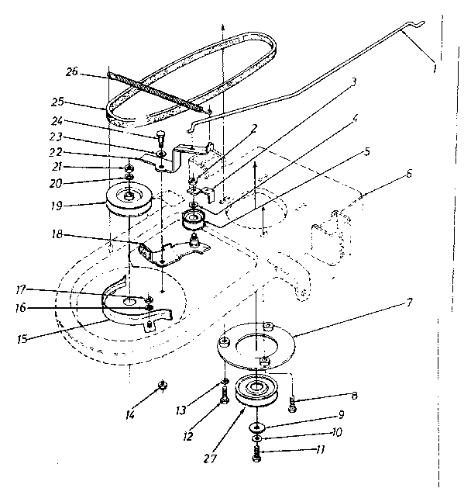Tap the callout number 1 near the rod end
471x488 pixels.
[435, 68]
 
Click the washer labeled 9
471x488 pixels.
[256, 427]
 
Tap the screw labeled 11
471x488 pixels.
[257, 457]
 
